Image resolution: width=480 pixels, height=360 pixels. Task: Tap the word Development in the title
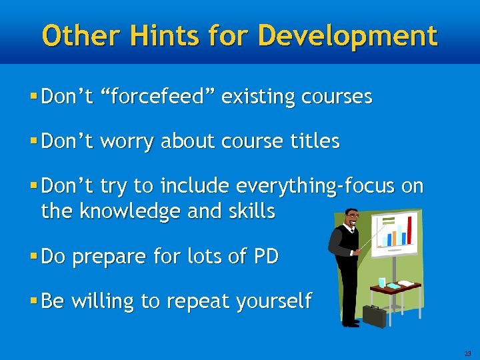347,35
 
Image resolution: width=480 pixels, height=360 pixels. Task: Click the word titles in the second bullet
312,141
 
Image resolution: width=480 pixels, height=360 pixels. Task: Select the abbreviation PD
265,256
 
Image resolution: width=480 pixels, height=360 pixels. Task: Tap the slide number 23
467,353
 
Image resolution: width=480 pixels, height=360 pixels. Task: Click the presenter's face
351,217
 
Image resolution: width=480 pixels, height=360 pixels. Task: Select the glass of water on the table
382,283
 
